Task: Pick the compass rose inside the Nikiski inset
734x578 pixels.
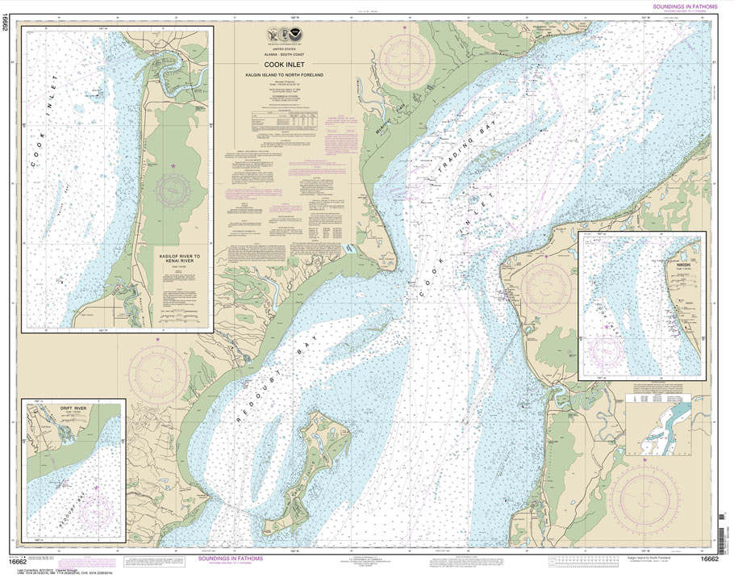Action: coord(605,350)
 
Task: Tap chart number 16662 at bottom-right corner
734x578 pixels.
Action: coord(710,559)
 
